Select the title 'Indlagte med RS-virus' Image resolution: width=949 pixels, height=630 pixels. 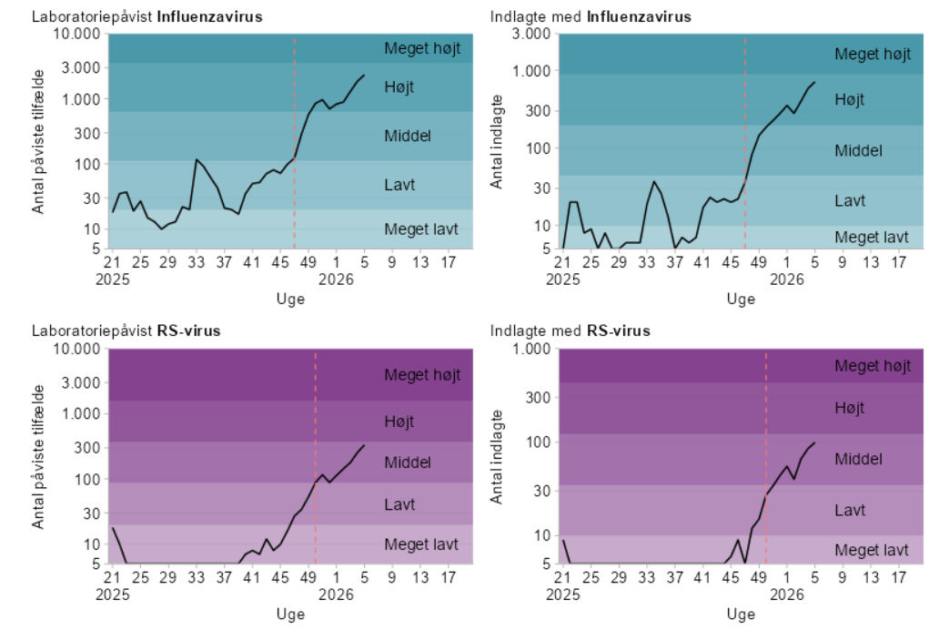click(570, 330)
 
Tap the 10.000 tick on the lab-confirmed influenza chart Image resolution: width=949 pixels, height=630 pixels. click(77, 35)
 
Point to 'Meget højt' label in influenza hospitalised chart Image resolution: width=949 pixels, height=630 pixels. click(872, 54)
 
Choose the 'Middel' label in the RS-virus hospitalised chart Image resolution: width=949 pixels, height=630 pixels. click(858, 459)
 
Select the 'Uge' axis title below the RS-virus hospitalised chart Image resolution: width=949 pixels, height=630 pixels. click(741, 615)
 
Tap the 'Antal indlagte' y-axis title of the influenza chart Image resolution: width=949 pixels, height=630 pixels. click(497, 141)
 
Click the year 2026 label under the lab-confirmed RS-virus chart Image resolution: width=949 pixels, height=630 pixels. click(337, 594)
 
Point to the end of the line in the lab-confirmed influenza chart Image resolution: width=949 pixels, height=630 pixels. click(364, 76)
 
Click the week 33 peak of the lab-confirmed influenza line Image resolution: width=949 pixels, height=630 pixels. click(196, 159)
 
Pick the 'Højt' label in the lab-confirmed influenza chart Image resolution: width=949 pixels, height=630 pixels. click(399, 86)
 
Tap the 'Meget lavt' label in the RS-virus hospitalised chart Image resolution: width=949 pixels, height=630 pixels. click(872, 550)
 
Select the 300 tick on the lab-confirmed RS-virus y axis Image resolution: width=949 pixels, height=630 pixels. click(85, 447)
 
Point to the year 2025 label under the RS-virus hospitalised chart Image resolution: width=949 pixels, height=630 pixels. click(563, 594)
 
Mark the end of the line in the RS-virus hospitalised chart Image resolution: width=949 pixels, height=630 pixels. click(814, 442)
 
